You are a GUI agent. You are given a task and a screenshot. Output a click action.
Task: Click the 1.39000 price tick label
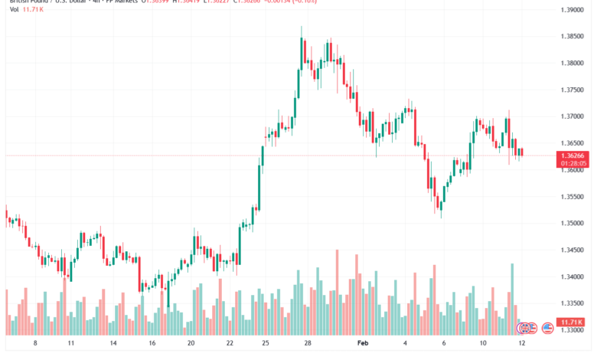tap(573, 10)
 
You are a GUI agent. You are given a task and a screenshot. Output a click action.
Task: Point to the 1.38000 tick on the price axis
tap(573, 63)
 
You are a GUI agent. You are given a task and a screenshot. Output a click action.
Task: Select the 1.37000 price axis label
tap(573, 116)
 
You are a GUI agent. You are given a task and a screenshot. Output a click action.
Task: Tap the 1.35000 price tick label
tap(573, 223)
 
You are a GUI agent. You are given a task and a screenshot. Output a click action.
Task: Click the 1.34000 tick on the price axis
tap(573, 277)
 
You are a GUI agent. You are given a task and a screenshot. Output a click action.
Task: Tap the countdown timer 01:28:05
tap(573, 162)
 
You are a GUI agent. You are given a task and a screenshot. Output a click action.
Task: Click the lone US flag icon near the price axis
tap(547, 328)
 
